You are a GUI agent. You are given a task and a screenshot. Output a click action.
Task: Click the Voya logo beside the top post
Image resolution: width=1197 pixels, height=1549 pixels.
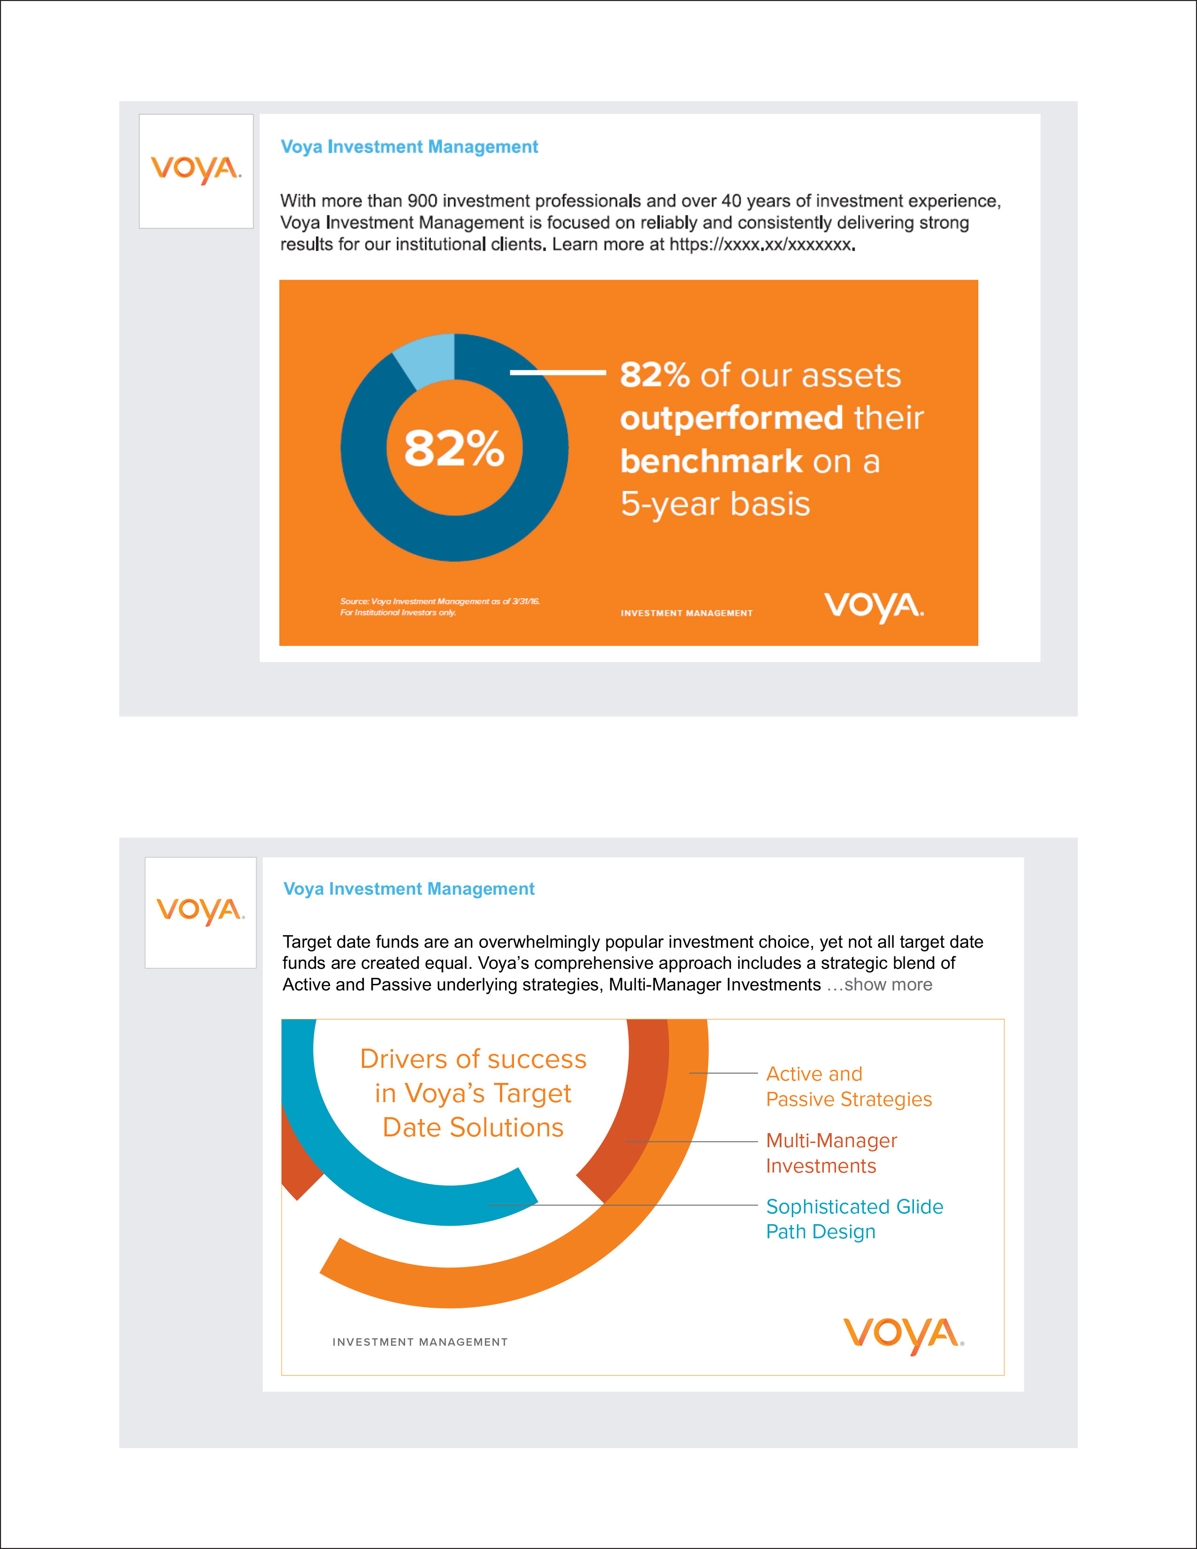tap(196, 170)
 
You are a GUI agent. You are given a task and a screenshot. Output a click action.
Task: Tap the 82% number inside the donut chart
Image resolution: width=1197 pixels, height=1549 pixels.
tap(454, 448)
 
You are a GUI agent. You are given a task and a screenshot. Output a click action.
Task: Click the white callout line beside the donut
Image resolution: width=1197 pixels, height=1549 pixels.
tap(557, 372)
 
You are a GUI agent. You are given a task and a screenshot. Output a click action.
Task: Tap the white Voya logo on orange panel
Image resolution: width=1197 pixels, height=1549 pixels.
tap(874, 606)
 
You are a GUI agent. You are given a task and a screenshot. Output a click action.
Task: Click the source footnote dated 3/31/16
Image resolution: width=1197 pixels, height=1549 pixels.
tap(440, 606)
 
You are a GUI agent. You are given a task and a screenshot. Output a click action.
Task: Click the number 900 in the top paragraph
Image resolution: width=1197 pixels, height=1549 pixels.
tap(422, 201)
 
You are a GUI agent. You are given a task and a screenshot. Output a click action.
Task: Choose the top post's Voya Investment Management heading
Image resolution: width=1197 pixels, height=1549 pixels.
tap(409, 147)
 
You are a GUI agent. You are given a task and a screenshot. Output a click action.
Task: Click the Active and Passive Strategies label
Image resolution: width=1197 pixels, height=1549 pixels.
tap(848, 1087)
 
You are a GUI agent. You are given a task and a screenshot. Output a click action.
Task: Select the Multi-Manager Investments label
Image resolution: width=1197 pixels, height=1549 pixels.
tap(831, 1153)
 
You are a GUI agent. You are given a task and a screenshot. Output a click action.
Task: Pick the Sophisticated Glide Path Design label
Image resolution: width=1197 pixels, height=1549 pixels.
tap(854, 1219)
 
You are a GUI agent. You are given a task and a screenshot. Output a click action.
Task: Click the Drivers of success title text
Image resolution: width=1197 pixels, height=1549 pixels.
tap(473, 1093)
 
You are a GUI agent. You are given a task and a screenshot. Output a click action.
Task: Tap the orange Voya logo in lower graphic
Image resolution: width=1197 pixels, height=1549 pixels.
tap(903, 1336)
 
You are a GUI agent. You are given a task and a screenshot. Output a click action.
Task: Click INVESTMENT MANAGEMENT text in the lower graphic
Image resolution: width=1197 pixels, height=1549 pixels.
tap(420, 1342)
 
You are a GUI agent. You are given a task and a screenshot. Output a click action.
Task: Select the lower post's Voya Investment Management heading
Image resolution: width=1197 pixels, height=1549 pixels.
tap(408, 889)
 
